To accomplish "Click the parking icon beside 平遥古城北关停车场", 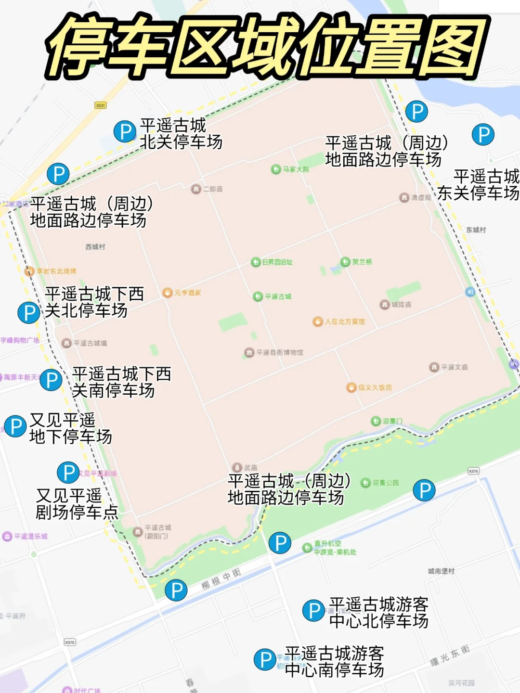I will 125,131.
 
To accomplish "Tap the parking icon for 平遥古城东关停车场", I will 483,134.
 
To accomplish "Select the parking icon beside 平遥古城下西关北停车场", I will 29,312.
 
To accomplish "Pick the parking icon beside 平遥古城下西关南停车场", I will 51,380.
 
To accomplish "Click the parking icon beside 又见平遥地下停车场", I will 15,426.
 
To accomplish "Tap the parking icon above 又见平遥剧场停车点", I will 68,473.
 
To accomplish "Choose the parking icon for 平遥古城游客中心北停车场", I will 314,610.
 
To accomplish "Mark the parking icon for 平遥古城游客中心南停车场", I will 265,659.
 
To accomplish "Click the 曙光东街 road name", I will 450,655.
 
